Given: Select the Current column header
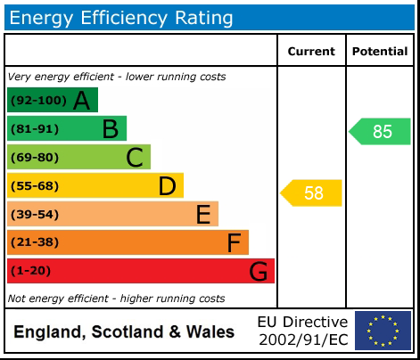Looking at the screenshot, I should tap(311, 52).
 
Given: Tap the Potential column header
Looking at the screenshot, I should tap(380, 52).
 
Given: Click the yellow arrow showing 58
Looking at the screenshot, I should tap(312, 192).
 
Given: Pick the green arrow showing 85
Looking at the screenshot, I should tap(380, 132).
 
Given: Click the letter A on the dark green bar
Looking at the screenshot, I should tap(81, 101).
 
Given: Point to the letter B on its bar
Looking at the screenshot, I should tap(110, 129).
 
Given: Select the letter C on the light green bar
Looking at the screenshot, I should tap(135, 158).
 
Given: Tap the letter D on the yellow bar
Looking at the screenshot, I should tap(167, 186).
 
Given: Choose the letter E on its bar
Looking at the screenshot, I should tap(202, 215).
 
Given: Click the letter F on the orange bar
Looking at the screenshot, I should tap(234, 242).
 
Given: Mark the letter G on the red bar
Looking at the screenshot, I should tap(258, 271).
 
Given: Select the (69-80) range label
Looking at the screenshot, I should tap(35, 158).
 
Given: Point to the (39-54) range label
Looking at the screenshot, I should tap(35, 215).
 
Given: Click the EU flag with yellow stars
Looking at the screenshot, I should tap(383, 331).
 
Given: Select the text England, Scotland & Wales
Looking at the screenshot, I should tap(124, 332).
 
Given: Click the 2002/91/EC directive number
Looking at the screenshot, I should tap(303, 340).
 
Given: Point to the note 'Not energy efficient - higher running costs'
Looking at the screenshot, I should tap(116, 299).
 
